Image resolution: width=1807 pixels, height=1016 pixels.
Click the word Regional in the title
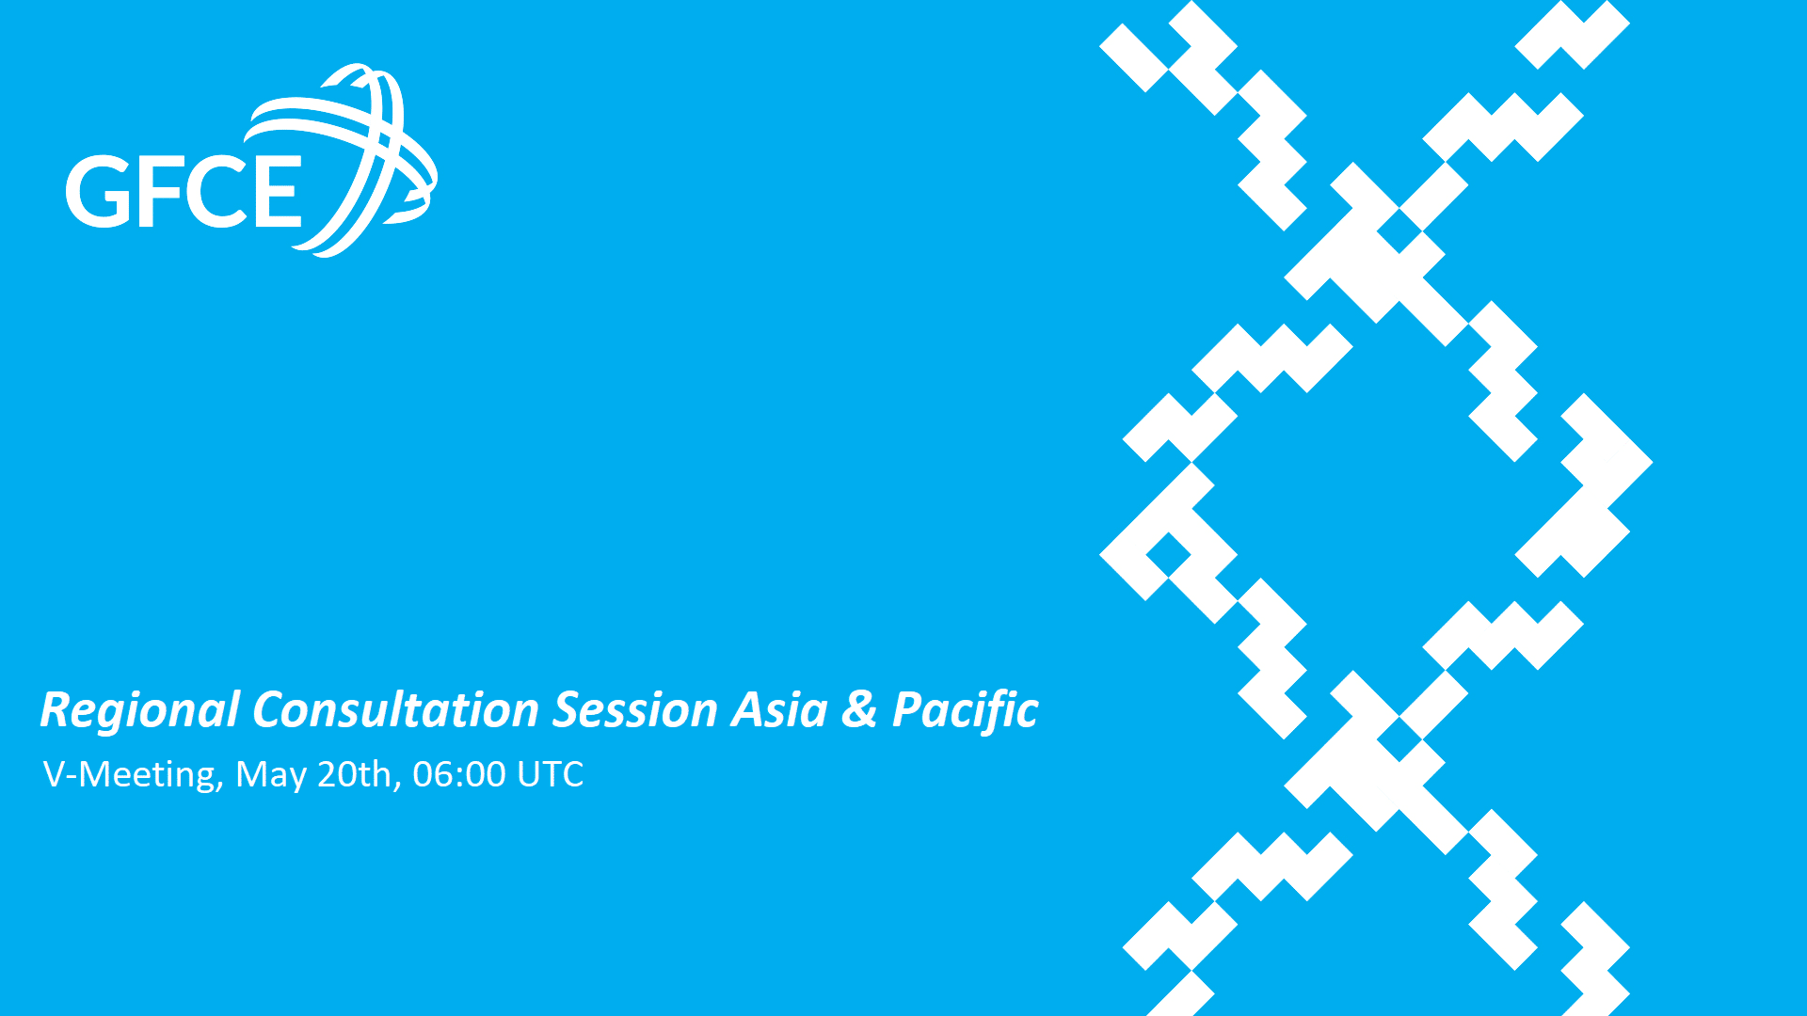[x=140, y=711]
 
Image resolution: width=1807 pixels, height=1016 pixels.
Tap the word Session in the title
[x=635, y=710]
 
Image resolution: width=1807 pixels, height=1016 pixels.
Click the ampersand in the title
[x=859, y=709]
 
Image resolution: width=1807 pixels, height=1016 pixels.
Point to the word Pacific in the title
[x=965, y=711]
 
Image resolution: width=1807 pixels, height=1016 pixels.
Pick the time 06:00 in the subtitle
[x=459, y=774]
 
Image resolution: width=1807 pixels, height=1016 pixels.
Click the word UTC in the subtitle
[x=551, y=774]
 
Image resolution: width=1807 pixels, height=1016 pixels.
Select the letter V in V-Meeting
[x=55, y=774]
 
